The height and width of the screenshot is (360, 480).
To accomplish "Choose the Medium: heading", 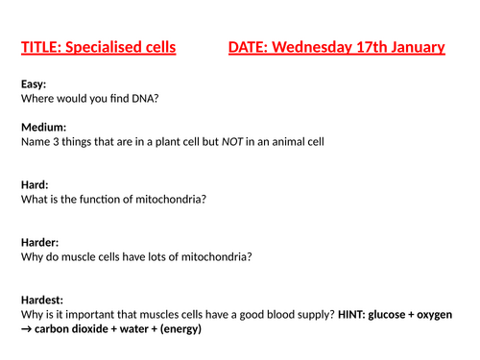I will coord(43,127).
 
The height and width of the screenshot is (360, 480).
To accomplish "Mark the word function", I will coord(103,198).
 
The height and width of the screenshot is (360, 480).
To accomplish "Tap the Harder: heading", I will coord(41,241).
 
